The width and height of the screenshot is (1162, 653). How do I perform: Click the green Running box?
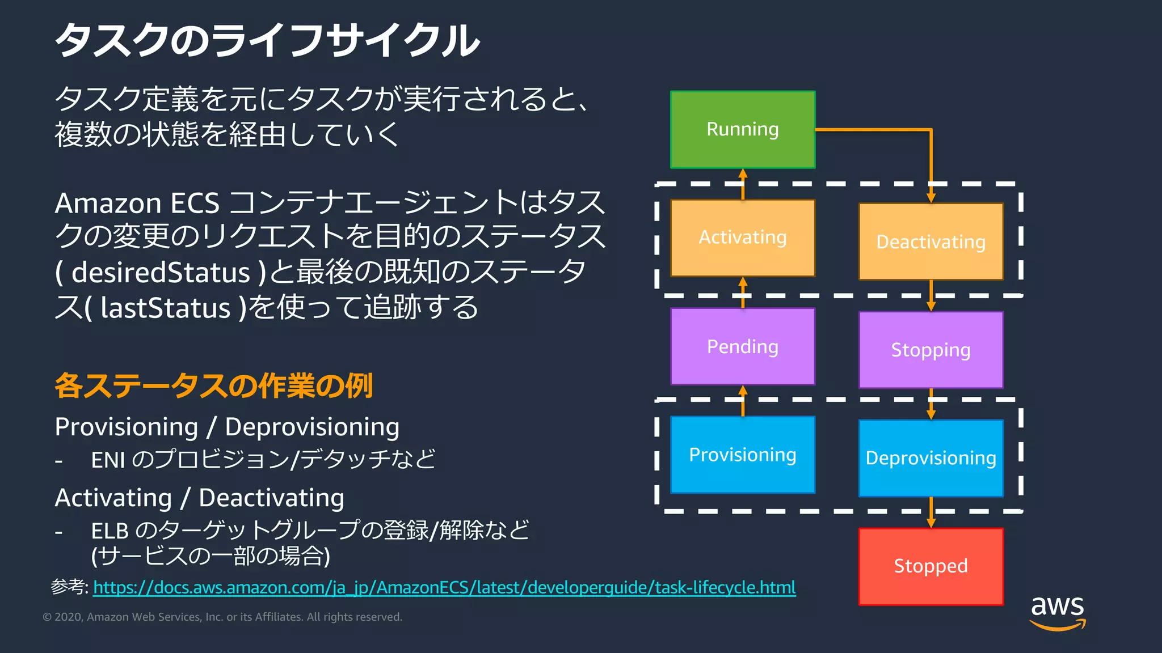[x=742, y=129]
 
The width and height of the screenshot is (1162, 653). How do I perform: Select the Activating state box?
[x=742, y=238]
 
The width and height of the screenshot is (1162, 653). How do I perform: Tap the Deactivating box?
[x=931, y=241]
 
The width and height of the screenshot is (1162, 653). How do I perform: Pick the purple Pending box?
[x=742, y=346]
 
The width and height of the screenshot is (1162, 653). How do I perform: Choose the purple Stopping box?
[x=931, y=350]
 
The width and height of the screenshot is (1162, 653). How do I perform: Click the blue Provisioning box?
[x=742, y=455]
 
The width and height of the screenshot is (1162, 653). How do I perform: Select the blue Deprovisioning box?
[x=931, y=458]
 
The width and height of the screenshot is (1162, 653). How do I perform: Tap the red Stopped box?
[x=931, y=566]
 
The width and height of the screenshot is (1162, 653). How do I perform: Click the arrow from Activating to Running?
[x=743, y=184]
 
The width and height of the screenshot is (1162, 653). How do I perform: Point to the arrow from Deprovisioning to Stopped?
[x=931, y=512]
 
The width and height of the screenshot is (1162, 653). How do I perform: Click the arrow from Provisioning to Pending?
[x=743, y=401]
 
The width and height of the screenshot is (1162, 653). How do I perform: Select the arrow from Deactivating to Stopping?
[x=931, y=295]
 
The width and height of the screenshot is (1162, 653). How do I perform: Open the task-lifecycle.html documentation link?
[x=444, y=587]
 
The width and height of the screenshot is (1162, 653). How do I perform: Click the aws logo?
[x=1057, y=612]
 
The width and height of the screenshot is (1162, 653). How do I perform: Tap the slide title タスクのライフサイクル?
[x=267, y=41]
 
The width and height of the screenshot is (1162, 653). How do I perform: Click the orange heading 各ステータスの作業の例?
[x=213, y=386]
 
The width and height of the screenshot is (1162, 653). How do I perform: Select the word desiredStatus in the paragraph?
[x=161, y=273]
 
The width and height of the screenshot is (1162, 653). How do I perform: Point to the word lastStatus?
[x=165, y=308]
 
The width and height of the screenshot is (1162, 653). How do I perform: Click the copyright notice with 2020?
[x=222, y=617]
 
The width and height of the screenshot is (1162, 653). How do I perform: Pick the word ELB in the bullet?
[x=110, y=531]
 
